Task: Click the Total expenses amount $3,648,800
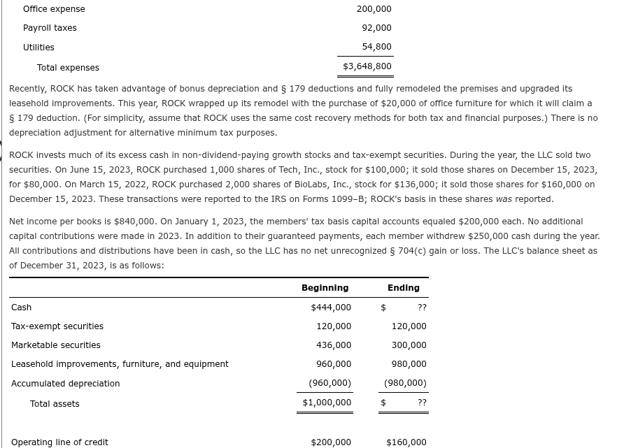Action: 367,66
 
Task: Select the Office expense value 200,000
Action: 374,9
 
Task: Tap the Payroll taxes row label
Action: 50,28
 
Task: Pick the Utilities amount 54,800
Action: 376,47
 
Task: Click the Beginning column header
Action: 325,288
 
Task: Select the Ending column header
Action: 404,288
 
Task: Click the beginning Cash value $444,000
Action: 331,308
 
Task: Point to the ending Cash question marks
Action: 422,308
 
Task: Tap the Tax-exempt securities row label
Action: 57,326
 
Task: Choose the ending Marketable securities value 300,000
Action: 409,345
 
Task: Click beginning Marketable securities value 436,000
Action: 334,345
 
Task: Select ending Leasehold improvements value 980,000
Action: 409,364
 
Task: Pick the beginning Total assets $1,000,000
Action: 327,403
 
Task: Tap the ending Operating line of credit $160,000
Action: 406,442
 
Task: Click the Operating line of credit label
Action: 59,442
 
